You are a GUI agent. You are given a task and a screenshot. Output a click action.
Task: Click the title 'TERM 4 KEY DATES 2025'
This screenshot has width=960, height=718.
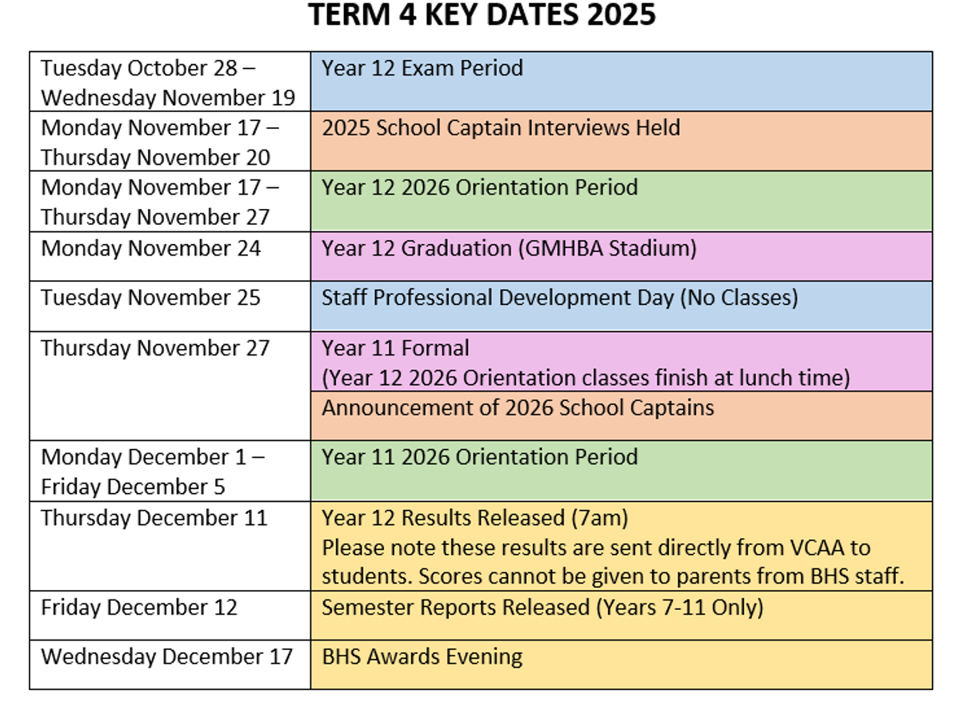(x=482, y=15)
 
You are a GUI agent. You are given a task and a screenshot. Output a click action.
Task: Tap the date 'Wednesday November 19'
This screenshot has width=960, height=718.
(x=168, y=98)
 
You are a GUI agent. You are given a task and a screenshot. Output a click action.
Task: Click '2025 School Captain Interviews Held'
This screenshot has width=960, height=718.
(x=501, y=128)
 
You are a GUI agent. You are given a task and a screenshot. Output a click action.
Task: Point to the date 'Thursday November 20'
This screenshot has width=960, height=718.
(x=156, y=157)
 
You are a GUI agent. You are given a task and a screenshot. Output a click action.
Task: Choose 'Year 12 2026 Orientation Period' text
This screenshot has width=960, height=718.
(x=480, y=187)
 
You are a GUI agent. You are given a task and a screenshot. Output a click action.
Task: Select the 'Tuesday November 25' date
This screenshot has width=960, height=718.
(x=151, y=298)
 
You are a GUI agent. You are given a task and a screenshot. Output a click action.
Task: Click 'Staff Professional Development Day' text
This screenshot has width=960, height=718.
(x=498, y=298)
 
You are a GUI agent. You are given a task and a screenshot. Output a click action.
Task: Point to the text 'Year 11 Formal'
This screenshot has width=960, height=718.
(x=395, y=348)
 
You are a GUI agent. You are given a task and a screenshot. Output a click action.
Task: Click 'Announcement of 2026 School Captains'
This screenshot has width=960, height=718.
(x=518, y=407)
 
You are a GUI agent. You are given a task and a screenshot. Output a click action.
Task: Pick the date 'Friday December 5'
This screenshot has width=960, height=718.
(x=133, y=487)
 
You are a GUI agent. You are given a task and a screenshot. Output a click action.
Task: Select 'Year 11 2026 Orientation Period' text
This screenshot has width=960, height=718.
(x=480, y=457)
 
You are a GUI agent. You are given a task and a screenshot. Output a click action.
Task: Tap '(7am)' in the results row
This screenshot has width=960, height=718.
(x=600, y=518)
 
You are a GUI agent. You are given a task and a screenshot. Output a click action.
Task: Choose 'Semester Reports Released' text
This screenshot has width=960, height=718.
(x=456, y=608)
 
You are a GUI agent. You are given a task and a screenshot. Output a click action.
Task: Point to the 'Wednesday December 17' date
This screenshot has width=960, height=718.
(x=166, y=656)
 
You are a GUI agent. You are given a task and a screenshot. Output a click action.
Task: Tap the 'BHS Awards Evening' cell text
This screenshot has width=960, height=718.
(x=422, y=656)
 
